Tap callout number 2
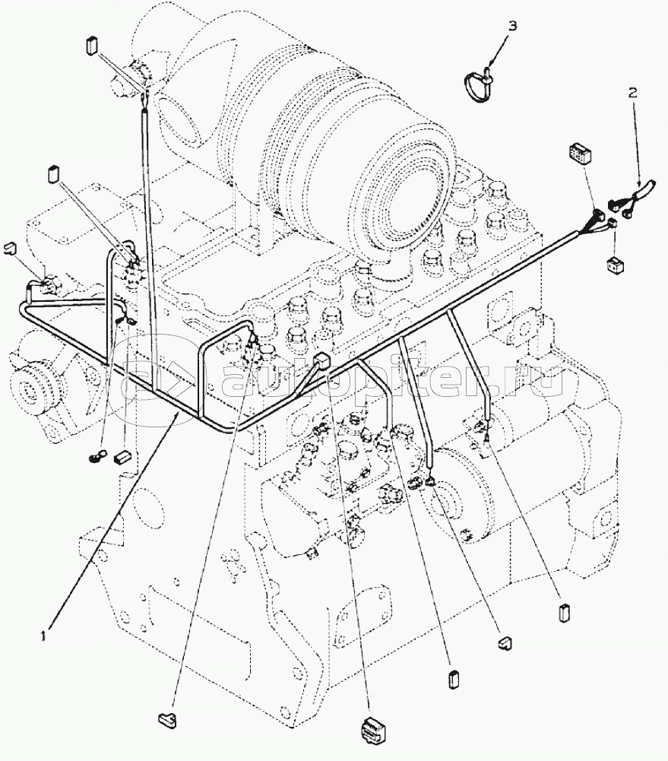click(632, 94)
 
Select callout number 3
click(512, 27)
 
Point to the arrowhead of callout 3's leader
click(491, 64)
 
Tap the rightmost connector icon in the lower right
click(563, 612)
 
